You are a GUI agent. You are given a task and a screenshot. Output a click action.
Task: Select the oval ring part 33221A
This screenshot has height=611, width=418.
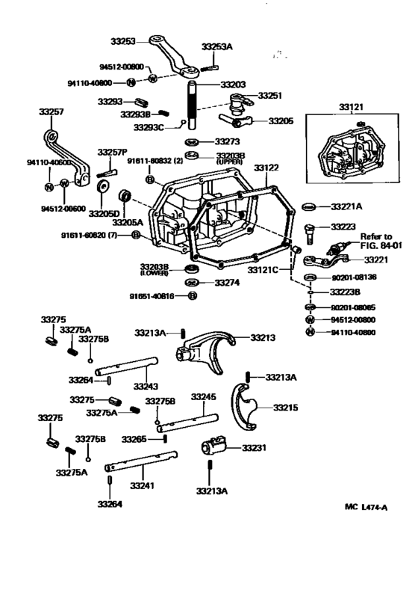(x=309, y=206)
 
